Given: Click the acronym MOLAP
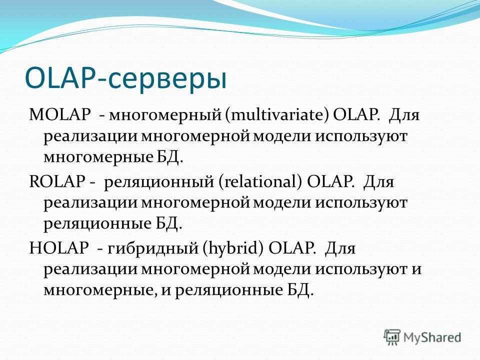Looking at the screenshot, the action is tap(59, 115).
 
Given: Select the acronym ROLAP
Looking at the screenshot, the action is tap(57, 181).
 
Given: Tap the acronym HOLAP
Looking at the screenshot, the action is tap(59, 248).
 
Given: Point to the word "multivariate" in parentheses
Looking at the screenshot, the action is tap(278, 115).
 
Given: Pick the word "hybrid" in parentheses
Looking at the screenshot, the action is tap(232, 248).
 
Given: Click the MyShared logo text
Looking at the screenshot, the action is tap(432, 337).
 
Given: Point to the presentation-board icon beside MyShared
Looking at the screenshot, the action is tap(392, 336).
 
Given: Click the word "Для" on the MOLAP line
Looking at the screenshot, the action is tap(404, 115).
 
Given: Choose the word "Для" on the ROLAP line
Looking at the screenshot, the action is tap(378, 182).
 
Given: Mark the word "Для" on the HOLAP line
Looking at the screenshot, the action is tap(340, 248).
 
